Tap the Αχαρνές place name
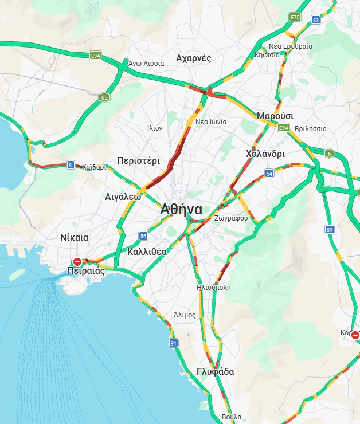(x=194, y=58)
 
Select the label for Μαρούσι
(x=275, y=116)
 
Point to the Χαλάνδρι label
(x=265, y=154)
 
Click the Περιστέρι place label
(x=138, y=161)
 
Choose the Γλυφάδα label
(x=215, y=371)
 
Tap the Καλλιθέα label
(x=147, y=252)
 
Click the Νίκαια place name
(x=74, y=237)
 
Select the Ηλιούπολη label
(x=213, y=288)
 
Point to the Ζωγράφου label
(x=230, y=218)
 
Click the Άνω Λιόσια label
(x=146, y=64)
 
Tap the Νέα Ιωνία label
(x=211, y=122)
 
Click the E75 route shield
(x=295, y=18)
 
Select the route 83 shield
(x=316, y=20)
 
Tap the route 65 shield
(x=104, y=97)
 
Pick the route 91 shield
(x=174, y=343)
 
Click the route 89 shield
(x=329, y=230)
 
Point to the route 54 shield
(x=269, y=173)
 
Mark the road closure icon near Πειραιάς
(x=77, y=262)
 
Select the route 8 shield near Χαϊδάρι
(x=71, y=165)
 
